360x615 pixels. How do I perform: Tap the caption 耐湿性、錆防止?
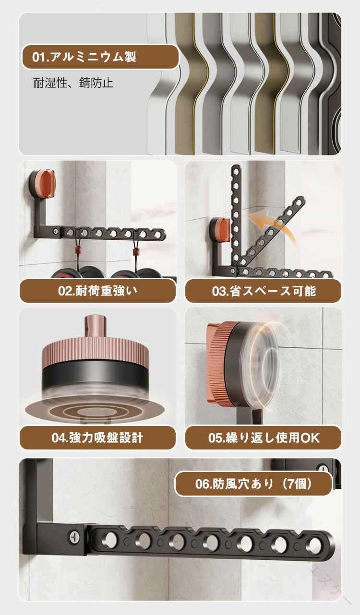[73, 83]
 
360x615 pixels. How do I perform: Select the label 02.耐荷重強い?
[97, 291]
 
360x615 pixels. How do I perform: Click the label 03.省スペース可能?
[264, 291]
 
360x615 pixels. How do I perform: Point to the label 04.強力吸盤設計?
[97, 438]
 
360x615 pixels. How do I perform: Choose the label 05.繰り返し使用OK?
[264, 438]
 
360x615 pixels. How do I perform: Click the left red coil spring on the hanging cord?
[78, 252]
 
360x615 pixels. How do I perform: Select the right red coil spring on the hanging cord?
[135, 252]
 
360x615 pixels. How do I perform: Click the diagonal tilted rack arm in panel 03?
[271, 232]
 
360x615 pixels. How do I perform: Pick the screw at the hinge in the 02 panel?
[56, 231]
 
